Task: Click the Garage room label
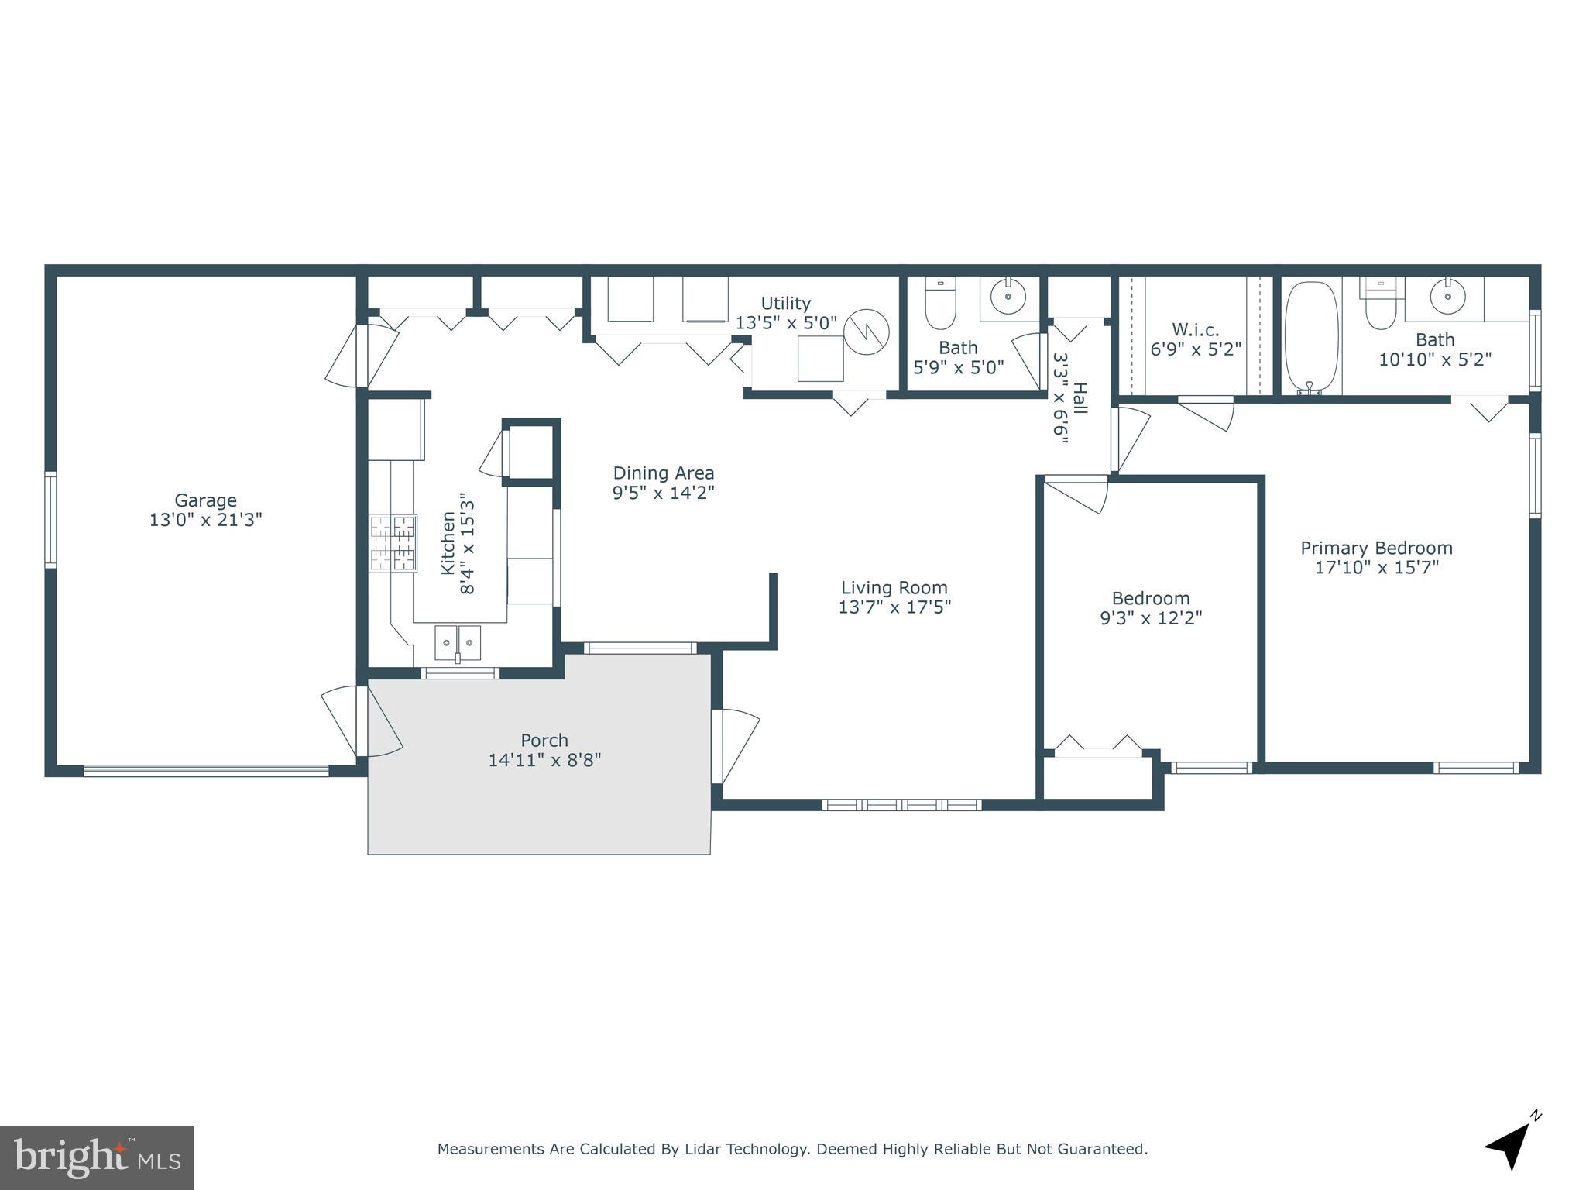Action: tap(205, 500)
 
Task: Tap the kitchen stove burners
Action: tap(393, 543)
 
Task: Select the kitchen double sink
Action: tap(458, 642)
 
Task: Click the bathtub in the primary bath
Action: tap(1311, 336)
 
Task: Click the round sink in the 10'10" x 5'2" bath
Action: tap(1447, 296)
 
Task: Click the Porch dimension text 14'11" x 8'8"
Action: tap(544, 760)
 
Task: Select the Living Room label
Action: tap(894, 587)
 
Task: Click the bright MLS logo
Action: tap(97, 1158)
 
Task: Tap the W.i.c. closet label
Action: tap(1195, 329)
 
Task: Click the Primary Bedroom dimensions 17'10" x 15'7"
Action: tap(1376, 567)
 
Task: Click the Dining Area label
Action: tap(663, 473)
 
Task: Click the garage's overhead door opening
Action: tap(206, 770)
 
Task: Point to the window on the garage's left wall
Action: tap(50, 519)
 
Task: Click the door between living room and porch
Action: tap(718, 746)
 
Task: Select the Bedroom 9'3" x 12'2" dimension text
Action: tap(1151, 617)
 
